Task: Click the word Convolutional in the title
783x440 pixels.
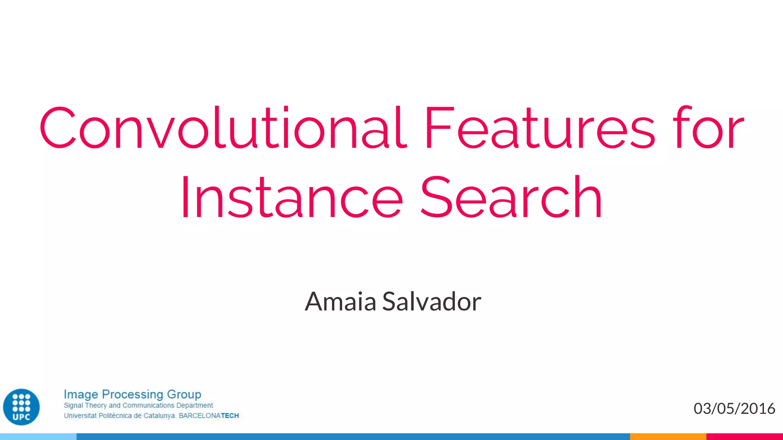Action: point(223,128)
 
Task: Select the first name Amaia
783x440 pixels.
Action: point(340,302)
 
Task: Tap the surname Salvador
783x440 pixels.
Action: point(431,302)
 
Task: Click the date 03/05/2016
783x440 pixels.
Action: point(734,409)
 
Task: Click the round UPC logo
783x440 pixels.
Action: point(21,407)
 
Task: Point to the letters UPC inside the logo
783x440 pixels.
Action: point(21,417)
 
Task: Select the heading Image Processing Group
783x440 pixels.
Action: point(132,394)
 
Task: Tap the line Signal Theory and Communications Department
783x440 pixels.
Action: point(138,405)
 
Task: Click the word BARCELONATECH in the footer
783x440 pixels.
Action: point(209,416)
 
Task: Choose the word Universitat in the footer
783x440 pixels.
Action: point(80,416)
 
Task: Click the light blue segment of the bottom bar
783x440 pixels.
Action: point(38,437)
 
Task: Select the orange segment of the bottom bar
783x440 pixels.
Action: point(668,437)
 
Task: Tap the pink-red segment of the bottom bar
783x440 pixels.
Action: point(744,437)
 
